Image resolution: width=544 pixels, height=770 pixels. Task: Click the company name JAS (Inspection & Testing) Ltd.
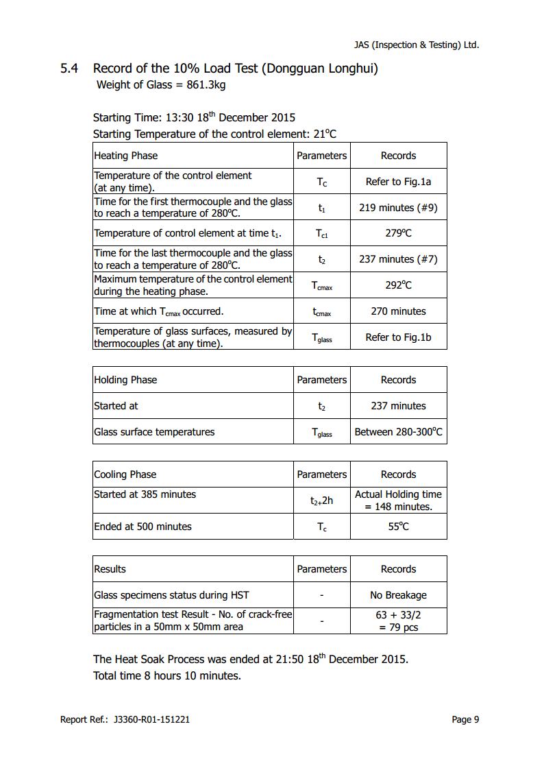[416, 45]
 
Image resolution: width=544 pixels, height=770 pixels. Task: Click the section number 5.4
[69, 69]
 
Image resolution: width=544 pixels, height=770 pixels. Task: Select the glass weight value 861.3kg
[206, 85]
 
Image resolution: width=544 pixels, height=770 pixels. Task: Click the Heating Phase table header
[125, 156]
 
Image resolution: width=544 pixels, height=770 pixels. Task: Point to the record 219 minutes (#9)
[398, 208]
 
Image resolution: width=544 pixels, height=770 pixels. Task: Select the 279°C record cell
[398, 233]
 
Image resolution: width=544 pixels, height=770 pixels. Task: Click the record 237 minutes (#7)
[398, 259]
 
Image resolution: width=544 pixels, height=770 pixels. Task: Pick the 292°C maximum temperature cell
[398, 285]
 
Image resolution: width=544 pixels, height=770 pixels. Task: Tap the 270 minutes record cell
[398, 311]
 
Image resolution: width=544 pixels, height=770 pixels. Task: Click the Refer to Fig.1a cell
[398, 182]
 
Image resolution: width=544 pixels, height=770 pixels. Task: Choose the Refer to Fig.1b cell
[398, 337]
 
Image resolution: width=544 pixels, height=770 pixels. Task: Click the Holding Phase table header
[125, 380]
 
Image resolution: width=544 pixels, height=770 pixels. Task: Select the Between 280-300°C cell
[398, 432]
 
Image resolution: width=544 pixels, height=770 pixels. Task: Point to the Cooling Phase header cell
[125, 474]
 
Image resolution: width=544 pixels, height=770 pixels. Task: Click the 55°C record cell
[398, 527]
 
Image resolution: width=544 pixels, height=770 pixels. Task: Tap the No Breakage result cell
[398, 595]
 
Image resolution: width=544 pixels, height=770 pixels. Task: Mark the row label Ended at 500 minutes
[143, 527]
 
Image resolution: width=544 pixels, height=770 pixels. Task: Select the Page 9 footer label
[465, 719]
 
